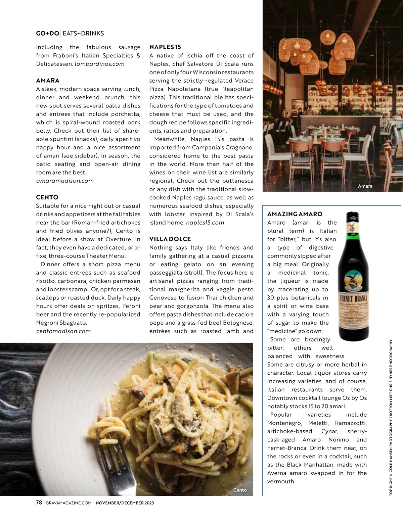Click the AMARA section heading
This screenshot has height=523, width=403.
[48, 81]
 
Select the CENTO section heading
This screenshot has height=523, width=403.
[47, 197]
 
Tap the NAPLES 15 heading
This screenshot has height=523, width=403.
[165, 47]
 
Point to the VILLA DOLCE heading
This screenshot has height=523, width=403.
[170, 239]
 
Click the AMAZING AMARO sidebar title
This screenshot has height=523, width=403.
[295, 214]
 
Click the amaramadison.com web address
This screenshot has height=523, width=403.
[65, 181]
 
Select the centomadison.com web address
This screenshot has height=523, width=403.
[63, 331]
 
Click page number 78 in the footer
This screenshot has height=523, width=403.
[39, 503]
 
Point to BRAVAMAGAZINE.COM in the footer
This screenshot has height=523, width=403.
[69, 503]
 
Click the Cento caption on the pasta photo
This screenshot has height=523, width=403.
[240, 490]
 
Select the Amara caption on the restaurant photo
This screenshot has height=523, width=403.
[365, 186]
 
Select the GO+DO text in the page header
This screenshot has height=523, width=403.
[47, 33]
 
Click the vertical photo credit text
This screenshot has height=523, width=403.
[391, 418]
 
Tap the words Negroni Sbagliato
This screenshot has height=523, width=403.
[61, 323]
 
